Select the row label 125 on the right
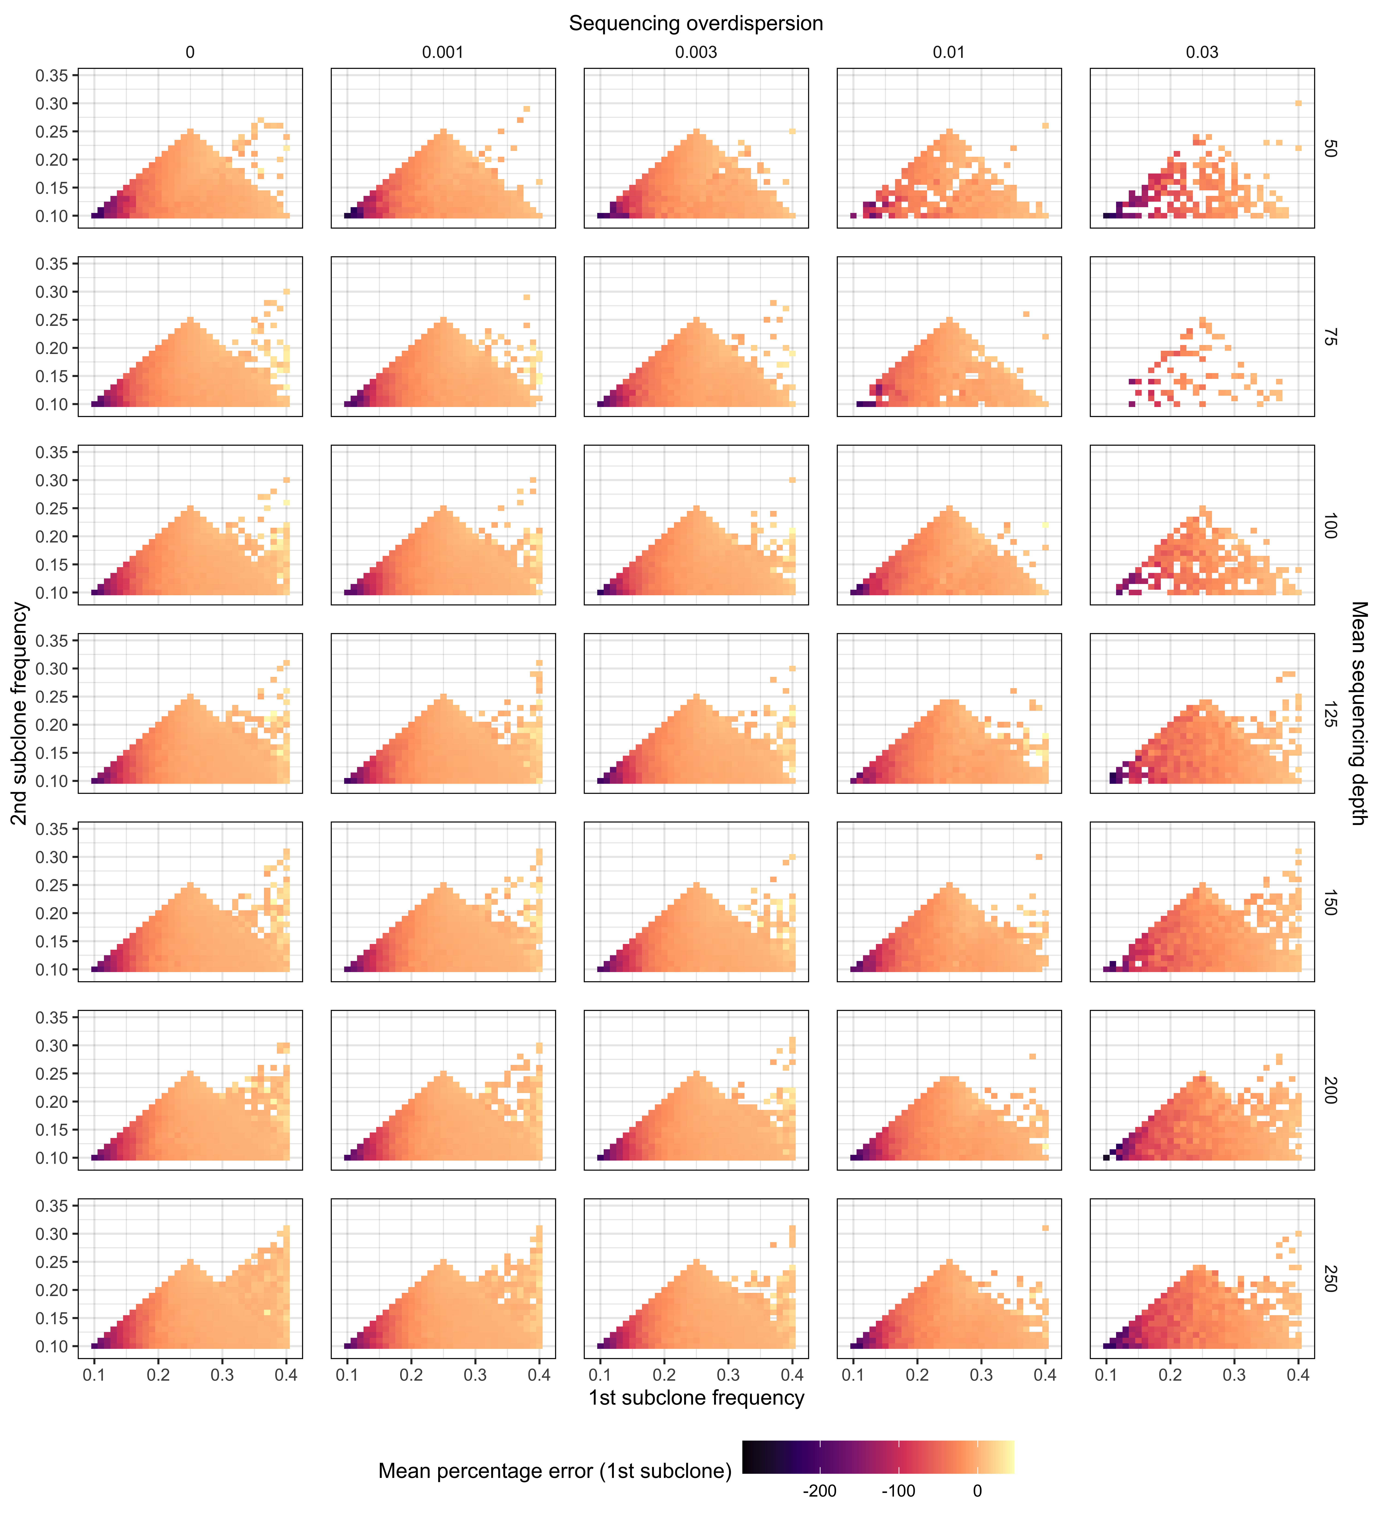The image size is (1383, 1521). (x=1330, y=714)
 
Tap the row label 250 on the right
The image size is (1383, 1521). (x=1330, y=1279)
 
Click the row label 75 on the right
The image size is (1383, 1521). (x=1330, y=336)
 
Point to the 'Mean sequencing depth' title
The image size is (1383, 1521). (x=1358, y=713)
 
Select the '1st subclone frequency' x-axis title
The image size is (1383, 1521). (x=696, y=1398)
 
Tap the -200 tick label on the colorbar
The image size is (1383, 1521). (x=819, y=1491)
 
